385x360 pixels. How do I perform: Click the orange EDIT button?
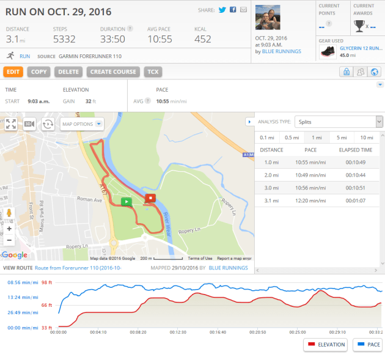pos(13,72)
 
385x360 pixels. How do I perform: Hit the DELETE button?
pos(68,72)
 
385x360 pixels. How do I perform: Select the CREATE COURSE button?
pos(113,72)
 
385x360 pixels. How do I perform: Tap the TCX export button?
pos(153,72)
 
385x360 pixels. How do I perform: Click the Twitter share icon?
pos(222,10)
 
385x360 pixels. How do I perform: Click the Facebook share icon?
pos(233,10)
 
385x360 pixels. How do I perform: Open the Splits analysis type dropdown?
pos(339,122)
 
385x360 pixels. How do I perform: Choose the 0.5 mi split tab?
pos(292,138)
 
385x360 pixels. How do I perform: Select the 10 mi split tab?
pos(367,138)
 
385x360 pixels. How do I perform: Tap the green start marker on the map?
pos(126,201)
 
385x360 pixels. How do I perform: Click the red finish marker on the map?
pos(151,197)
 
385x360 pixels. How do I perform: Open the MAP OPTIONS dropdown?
pos(82,124)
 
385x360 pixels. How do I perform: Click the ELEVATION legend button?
pos(325,345)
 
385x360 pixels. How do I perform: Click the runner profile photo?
pos(267,18)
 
